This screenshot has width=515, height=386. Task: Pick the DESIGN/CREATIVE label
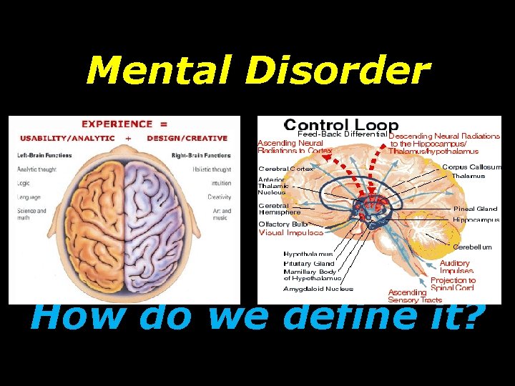tap(187, 138)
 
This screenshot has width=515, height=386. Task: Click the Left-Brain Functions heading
tap(45, 155)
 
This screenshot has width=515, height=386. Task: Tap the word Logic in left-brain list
tap(23, 183)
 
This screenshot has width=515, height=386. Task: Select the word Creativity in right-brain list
tap(219, 197)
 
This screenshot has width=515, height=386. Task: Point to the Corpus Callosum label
tap(471, 167)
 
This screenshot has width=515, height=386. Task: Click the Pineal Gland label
tap(475, 209)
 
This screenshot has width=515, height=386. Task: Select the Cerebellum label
tap(473, 247)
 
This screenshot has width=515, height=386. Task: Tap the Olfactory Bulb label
tap(284, 224)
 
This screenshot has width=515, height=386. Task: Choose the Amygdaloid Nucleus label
tap(318, 289)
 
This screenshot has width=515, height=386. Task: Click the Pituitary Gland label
tap(308, 263)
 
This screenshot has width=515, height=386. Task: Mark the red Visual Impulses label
tap(290, 232)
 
